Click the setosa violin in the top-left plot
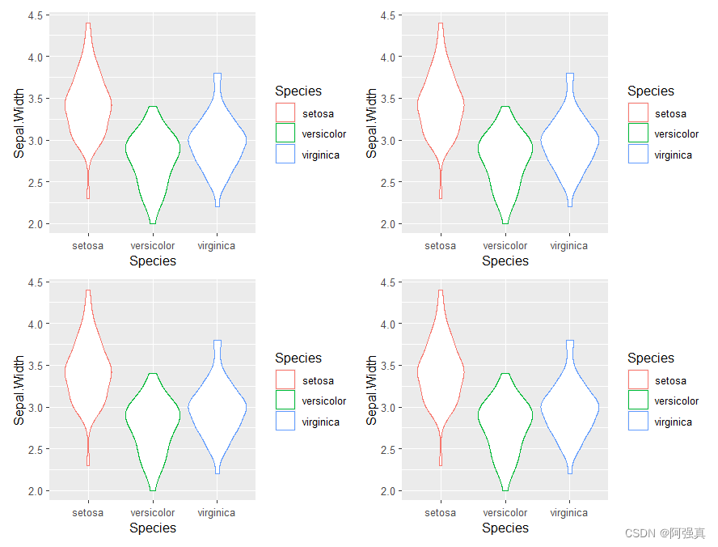(88, 105)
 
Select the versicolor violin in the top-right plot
(505, 154)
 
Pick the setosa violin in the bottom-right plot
(441, 372)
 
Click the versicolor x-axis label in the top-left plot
(153, 245)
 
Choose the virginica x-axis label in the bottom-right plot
(569, 512)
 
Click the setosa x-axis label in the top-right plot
(441, 245)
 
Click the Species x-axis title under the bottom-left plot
(153, 528)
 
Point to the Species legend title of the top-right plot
(650, 91)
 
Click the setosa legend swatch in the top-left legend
(285, 112)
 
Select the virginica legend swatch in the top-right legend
(638, 154)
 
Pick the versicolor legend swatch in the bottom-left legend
(285, 400)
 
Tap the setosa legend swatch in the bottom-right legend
(638, 380)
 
